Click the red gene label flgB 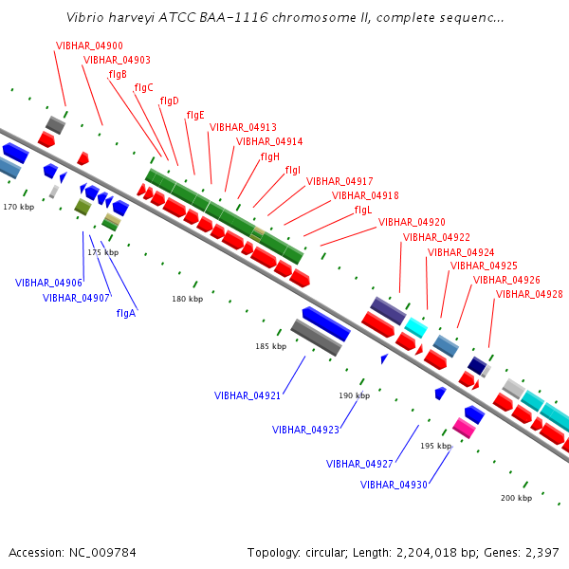point(118,74)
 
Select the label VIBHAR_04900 point(89,46)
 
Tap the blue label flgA point(126,313)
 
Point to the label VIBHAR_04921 point(248,395)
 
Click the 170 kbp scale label point(18,206)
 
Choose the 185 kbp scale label point(270,346)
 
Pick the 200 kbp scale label point(516,498)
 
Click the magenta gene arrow point(464,428)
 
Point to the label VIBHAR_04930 point(394,485)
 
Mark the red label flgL point(362,210)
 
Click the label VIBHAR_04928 point(529,294)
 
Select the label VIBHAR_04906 point(48,283)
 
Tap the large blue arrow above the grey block point(326,322)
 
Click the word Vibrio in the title point(86,18)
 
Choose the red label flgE point(195,115)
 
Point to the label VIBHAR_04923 point(305,430)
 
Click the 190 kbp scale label point(354,395)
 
